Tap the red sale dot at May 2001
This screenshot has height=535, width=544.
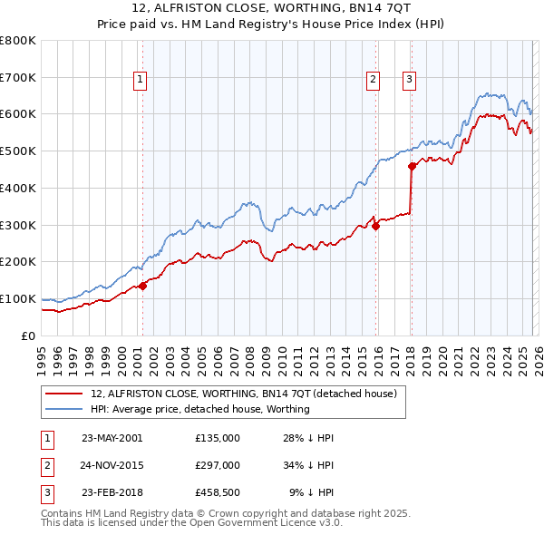coord(142,286)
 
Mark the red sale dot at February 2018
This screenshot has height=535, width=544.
coord(412,166)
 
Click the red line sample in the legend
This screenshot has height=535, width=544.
coord(64,394)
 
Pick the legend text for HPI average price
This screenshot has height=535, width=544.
coord(199,409)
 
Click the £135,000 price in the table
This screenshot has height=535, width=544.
coord(218,437)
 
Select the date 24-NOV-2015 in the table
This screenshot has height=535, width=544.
coord(112,465)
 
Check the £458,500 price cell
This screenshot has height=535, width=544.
coord(218,492)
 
